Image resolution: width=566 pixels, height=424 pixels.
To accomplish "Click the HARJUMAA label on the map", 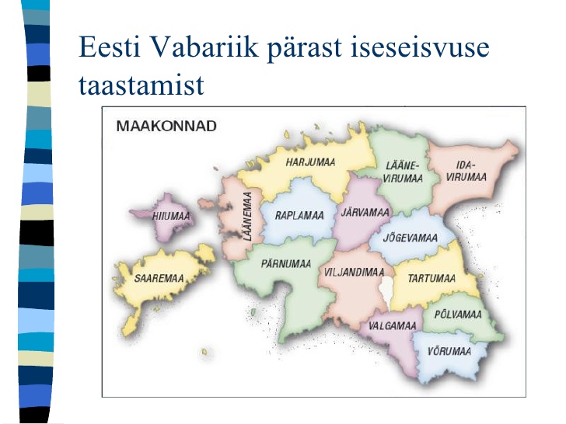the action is click(x=310, y=162).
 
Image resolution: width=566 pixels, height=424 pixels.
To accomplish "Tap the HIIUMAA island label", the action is click(x=171, y=216).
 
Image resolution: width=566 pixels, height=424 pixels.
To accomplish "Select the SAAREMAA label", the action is click(x=159, y=278).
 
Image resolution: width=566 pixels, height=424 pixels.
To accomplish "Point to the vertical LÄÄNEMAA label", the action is click(x=247, y=217).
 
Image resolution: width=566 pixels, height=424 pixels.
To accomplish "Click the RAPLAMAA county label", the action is click(x=299, y=216).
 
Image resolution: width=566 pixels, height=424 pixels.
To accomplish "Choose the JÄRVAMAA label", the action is click(x=365, y=212).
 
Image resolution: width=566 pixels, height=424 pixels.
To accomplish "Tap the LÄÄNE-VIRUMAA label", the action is click(x=403, y=172).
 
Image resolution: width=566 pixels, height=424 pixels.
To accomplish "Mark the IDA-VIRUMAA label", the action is click(x=466, y=171).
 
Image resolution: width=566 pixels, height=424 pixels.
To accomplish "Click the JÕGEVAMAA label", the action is click(x=410, y=238).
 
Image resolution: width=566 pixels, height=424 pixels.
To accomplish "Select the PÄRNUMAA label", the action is click(x=286, y=263).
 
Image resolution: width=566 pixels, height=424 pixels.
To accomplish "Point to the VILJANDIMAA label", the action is click(x=354, y=272).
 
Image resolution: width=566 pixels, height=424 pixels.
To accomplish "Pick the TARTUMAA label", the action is click(x=431, y=278).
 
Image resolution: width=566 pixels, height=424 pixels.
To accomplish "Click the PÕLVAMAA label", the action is click(x=458, y=314).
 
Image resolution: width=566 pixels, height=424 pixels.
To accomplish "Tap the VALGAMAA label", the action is click(x=393, y=325).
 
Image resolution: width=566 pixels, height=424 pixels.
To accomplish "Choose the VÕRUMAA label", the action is click(x=449, y=351).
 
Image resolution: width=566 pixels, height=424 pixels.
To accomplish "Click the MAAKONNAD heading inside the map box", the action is click(x=166, y=126).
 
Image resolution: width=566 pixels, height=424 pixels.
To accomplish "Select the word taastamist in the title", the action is click(x=141, y=85).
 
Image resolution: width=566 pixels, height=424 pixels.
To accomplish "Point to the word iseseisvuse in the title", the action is click(x=420, y=47).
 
